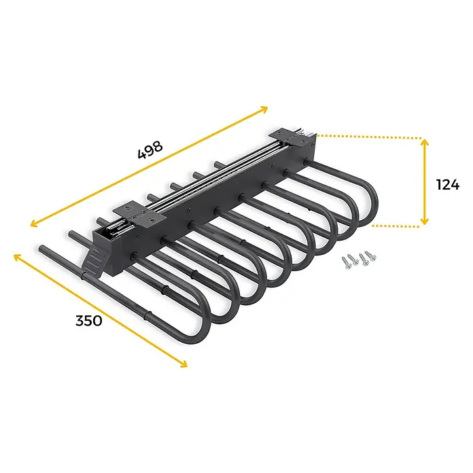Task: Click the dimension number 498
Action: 150,150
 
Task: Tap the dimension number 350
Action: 88,321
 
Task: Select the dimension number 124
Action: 448,185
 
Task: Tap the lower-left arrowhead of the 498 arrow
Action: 35,224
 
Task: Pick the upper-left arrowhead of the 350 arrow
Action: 18,258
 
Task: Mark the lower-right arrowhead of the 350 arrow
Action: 183,363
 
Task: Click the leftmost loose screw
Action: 347,262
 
